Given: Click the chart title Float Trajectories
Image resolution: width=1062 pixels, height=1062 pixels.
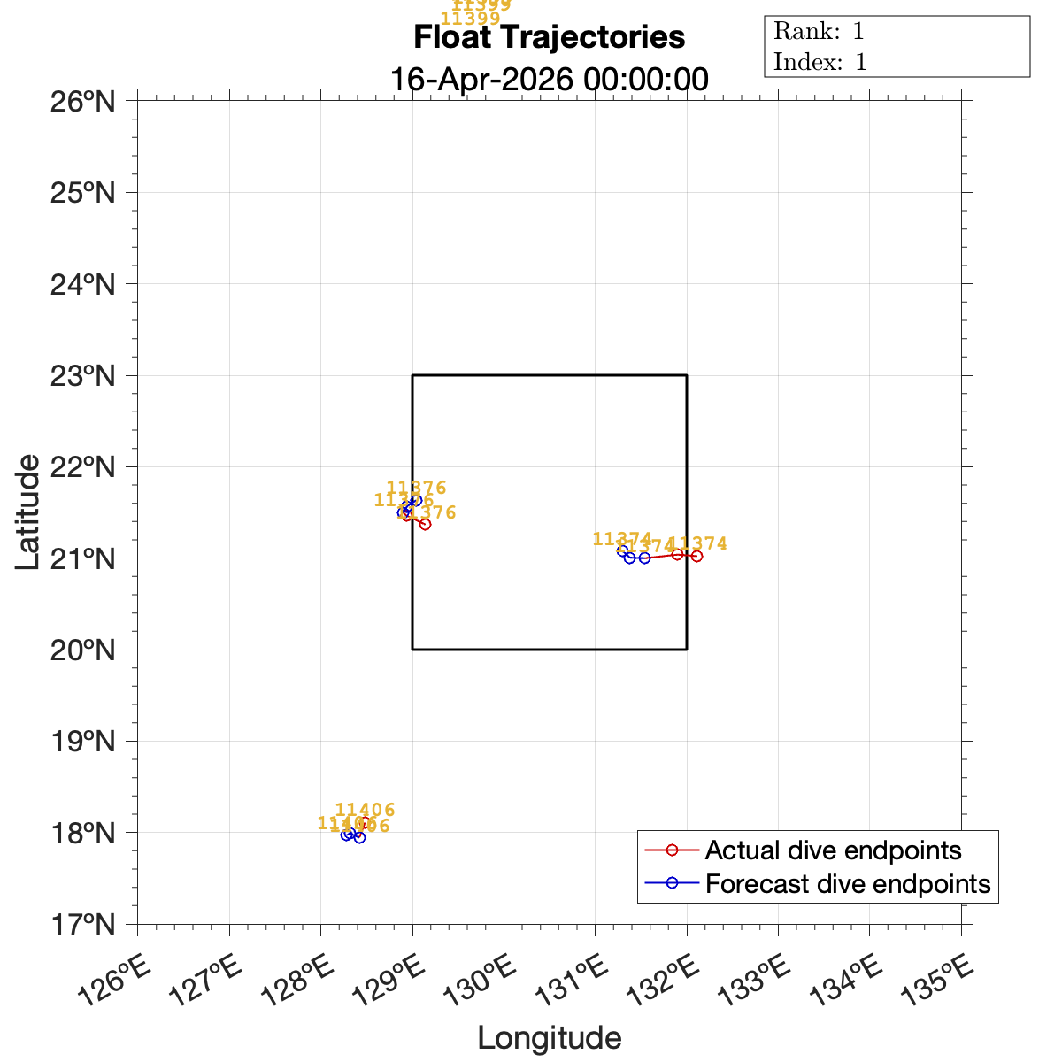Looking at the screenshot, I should [x=549, y=38].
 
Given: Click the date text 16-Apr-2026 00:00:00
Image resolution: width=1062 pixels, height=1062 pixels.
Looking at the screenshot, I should [x=549, y=79].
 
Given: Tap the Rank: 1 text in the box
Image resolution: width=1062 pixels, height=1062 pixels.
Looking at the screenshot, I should [x=819, y=32].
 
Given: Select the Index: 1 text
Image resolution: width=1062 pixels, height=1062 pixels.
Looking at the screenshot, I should [x=820, y=62].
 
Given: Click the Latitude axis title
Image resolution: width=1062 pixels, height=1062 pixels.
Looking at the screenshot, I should [x=28, y=512].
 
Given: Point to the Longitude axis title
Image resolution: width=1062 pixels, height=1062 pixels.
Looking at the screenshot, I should [x=549, y=1038].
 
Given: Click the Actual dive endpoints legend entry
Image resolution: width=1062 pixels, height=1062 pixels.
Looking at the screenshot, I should [x=832, y=850].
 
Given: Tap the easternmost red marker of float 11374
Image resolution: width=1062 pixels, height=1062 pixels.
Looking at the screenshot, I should [x=696, y=556].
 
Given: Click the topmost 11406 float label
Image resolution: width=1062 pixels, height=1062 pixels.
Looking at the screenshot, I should [x=365, y=810].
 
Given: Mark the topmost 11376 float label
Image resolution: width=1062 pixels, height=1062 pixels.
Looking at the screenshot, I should [x=416, y=488].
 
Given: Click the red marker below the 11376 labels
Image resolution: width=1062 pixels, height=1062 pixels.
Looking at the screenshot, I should [x=425, y=524].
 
